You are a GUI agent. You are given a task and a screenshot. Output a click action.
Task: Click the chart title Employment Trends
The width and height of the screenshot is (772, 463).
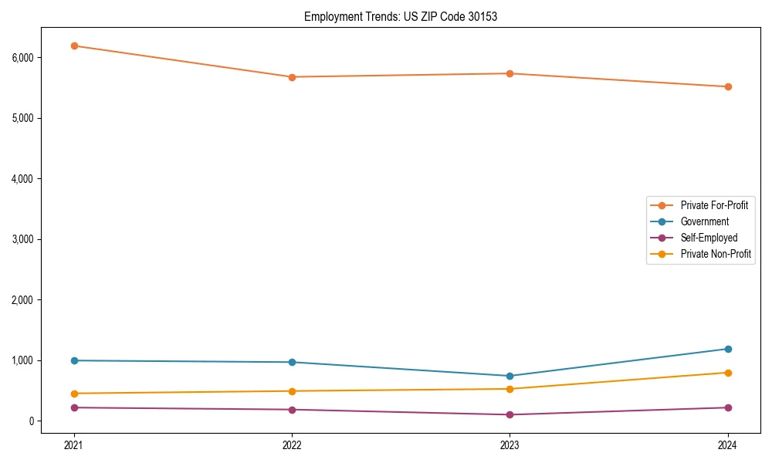click(x=400, y=16)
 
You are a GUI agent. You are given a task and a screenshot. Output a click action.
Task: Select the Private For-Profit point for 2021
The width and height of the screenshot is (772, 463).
click(x=74, y=46)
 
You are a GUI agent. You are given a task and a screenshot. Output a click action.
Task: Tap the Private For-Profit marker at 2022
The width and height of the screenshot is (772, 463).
click(x=292, y=77)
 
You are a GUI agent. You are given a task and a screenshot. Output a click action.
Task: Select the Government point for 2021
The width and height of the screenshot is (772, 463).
click(x=74, y=360)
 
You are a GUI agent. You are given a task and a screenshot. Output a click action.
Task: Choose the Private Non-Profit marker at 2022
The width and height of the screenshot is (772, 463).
click(x=292, y=391)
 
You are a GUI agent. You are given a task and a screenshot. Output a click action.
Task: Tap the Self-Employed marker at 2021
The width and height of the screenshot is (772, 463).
click(x=74, y=407)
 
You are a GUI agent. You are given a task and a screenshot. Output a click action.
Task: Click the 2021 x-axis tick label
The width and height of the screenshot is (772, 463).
click(x=74, y=445)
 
